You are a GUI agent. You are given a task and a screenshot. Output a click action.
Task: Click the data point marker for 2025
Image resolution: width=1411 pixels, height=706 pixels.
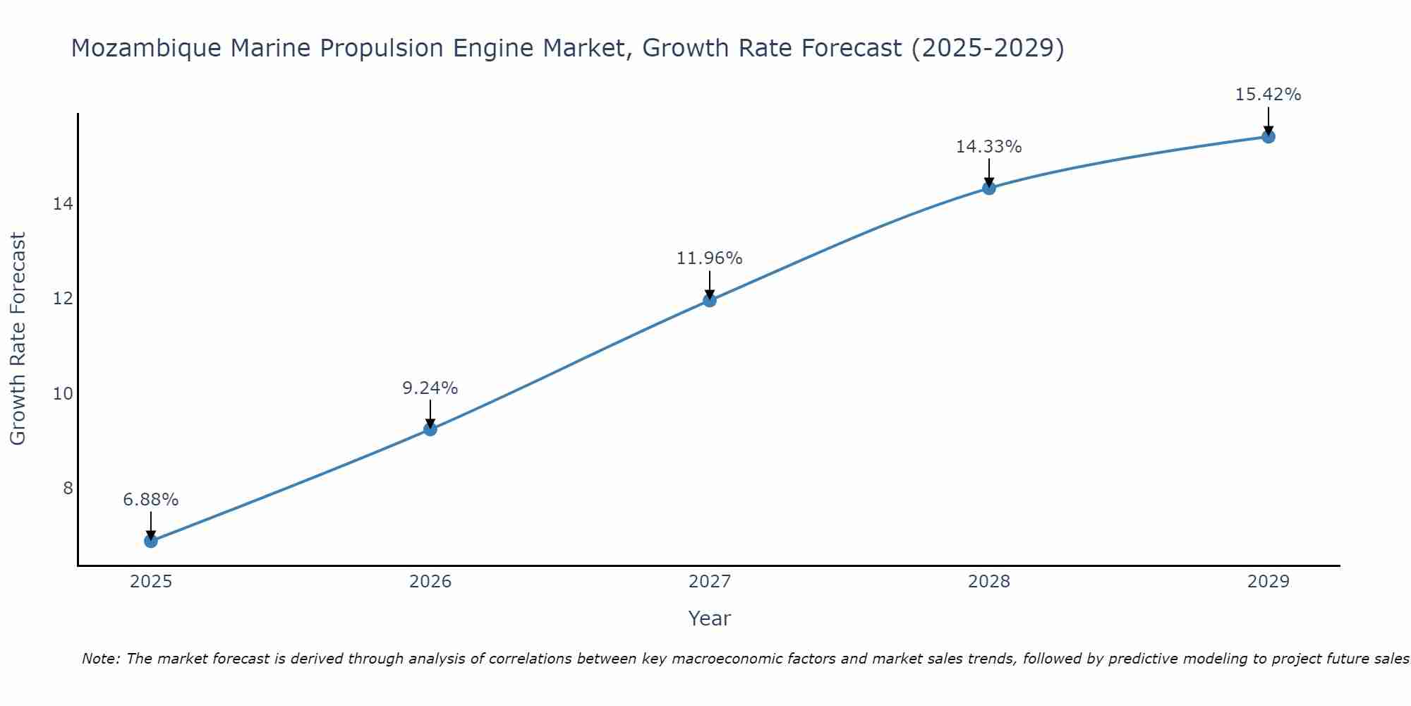click(151, 541)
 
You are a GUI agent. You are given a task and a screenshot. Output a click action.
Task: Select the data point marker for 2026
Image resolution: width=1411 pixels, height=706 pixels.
click(430, 429)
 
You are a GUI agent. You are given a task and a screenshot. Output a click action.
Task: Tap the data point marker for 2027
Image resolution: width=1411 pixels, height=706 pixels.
click(710, 300)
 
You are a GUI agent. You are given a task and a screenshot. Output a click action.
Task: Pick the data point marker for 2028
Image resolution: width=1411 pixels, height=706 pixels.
click(989, 188)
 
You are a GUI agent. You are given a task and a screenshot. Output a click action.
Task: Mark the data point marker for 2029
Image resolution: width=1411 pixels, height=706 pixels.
click(1268, 136)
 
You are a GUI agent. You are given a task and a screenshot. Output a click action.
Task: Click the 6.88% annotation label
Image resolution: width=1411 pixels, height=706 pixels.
click(151, 500)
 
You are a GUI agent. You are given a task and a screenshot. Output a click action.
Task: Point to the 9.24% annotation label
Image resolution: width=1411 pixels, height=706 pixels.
click(430, 388)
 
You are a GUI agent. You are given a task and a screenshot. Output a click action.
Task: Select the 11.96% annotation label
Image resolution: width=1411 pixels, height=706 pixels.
click(710, 258)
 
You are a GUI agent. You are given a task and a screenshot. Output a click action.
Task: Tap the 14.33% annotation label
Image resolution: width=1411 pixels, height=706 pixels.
click(989, 147)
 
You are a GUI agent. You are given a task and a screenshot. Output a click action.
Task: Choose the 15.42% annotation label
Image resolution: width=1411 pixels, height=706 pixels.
click(1268, 95)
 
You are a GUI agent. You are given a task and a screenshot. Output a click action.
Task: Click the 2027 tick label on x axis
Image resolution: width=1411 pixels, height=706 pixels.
click(710, 582)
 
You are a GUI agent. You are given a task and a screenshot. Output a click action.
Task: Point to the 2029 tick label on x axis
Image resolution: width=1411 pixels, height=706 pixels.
click(1268, 582)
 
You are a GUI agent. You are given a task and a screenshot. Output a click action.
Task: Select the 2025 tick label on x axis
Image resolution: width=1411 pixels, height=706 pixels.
click(151, 582)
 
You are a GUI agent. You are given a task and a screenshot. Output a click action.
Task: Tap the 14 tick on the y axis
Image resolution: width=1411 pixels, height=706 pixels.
click(63, 204)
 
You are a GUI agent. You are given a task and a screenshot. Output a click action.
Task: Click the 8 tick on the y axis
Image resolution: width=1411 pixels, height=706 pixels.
click(68, 489)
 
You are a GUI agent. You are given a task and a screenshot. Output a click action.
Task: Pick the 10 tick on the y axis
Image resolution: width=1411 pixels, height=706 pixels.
click(63, 393)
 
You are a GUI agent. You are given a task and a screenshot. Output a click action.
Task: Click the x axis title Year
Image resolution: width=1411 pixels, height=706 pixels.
click(710, 618)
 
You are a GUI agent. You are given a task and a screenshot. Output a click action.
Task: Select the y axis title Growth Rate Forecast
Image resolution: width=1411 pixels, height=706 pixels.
click(18, 339)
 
